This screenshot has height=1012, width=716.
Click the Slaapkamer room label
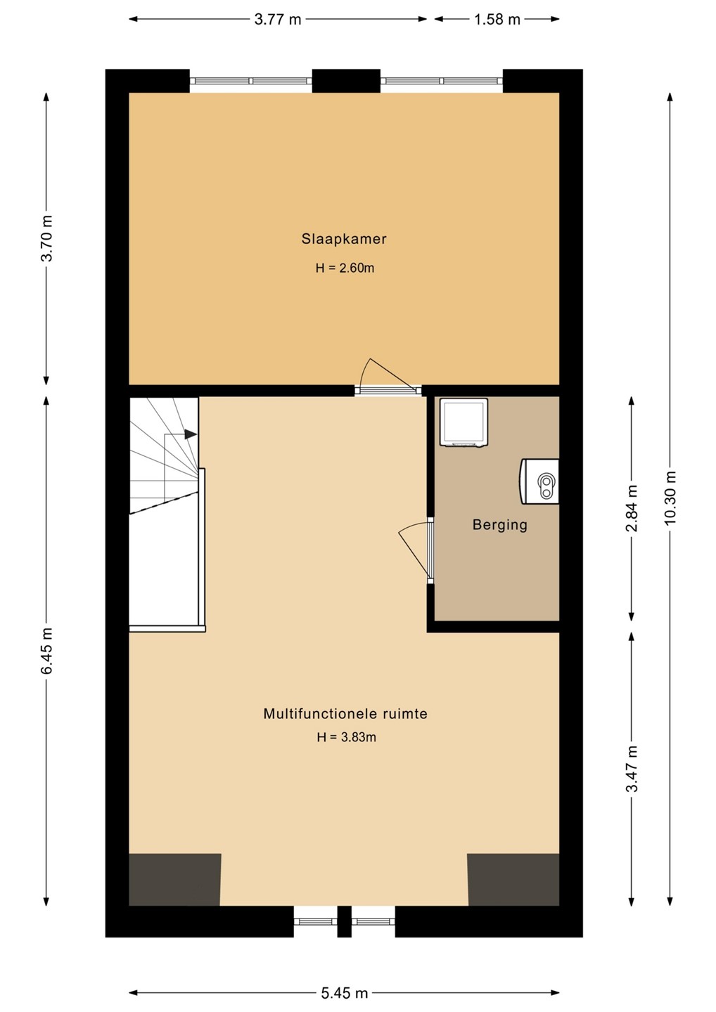click(344, 239)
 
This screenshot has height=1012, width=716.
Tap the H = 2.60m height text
click(345, 268)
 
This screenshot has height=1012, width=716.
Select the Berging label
click(500, 525)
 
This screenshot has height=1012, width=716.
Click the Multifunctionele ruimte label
click(345, 714)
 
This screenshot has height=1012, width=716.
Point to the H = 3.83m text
click(346, 737)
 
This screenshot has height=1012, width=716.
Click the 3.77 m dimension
click(278, 20)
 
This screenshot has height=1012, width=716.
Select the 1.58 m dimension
click(497, 20)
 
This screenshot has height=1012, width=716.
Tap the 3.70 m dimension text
click(47, 238)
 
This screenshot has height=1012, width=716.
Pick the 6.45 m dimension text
click(47, 650)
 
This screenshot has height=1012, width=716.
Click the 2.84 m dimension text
click(632, 509)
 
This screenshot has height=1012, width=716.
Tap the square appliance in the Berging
click(464, 423)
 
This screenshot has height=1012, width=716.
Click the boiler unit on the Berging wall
click(539, 481)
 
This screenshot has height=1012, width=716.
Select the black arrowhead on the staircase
click(191, 434)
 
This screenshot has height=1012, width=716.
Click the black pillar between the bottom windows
click(345, 921)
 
